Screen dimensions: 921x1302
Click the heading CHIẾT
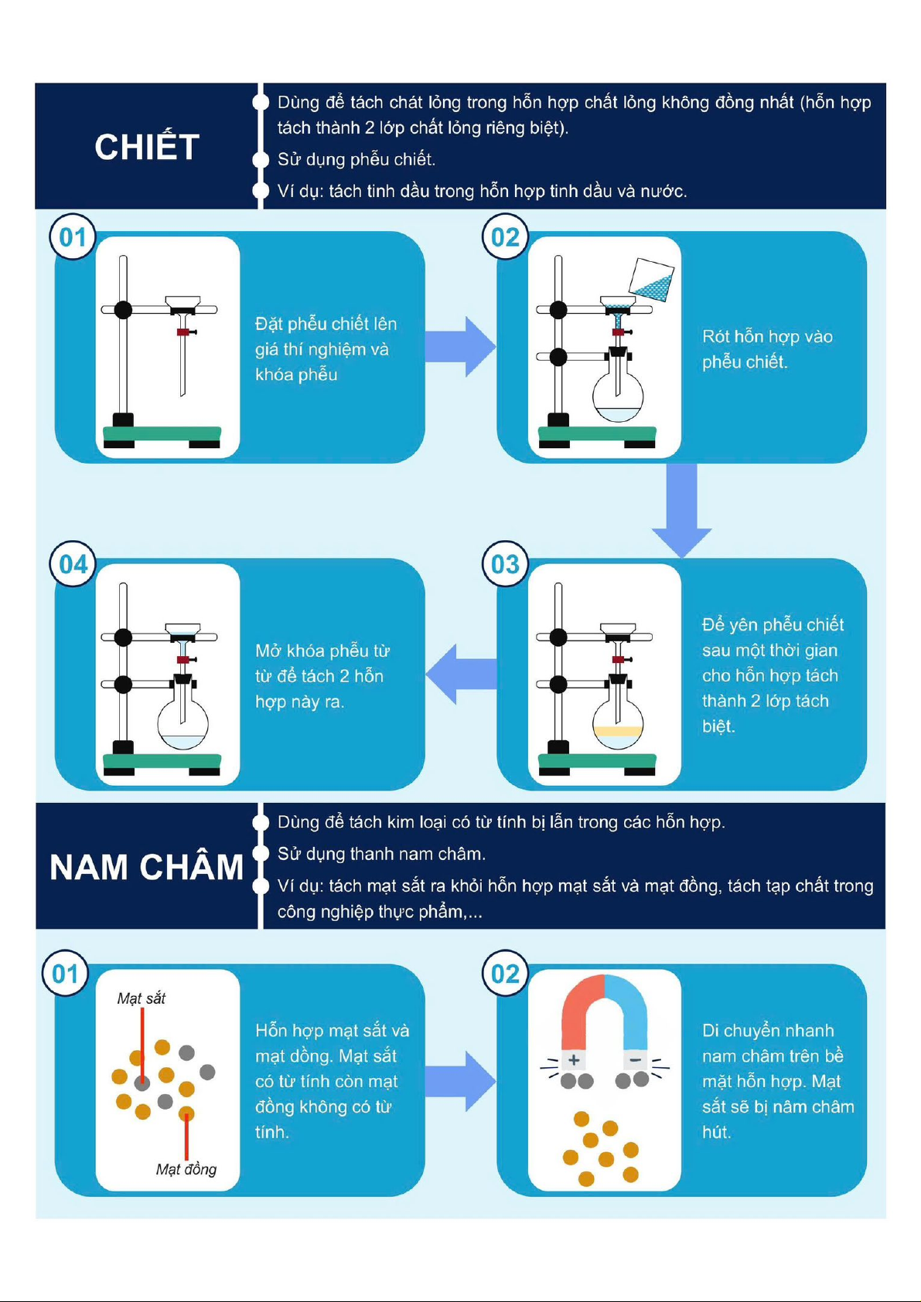(x=147, y=147)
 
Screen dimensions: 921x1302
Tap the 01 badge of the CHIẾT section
(x=73, y=237)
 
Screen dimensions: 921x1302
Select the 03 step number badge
(x=505, y=564)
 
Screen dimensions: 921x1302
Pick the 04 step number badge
(x=73, y=564)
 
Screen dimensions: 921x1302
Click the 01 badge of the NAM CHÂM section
(x=65, y=974)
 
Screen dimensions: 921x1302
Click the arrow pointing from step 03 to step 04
(x=461, y=675)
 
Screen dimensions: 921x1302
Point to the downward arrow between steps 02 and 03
(x=681, y=510)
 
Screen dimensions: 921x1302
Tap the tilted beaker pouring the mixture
(x=652, y=280)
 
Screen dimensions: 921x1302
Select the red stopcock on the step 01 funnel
(x=185, y=332)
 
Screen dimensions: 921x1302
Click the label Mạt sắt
(x=141, y=998)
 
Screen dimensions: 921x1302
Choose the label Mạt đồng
(x=186, y=1169)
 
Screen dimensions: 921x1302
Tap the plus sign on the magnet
(x=574, y=1059)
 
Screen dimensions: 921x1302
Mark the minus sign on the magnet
(x=636, y=1059)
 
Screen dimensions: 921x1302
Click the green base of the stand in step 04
(x=162, y=761)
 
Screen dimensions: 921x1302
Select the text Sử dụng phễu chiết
(x=356, y=159)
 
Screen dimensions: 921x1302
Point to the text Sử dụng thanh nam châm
(x=381, y=854)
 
